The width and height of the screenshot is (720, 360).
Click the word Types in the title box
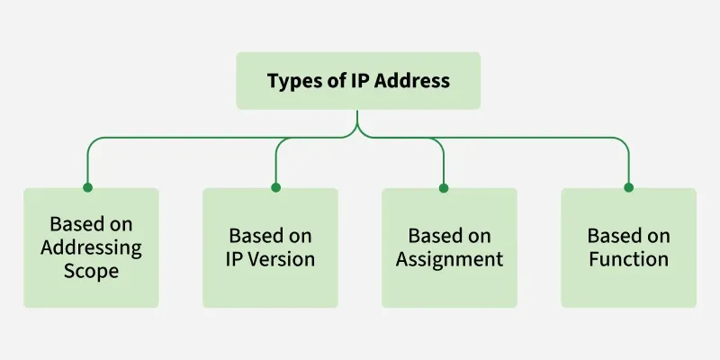[293, 81]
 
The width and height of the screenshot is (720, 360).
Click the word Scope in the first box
[90, 270]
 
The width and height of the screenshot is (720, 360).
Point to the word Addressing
[90, 247]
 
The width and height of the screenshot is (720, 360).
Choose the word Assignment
[449, 259]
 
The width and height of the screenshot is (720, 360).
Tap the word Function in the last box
[628, 259]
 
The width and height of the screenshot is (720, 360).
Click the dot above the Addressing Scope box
[87, 187]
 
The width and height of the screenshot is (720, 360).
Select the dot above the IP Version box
[275, 187]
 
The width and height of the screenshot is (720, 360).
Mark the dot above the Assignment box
[444, 187]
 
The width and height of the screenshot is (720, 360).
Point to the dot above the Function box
[628, 187]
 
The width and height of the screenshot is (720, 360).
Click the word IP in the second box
[235, 259]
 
